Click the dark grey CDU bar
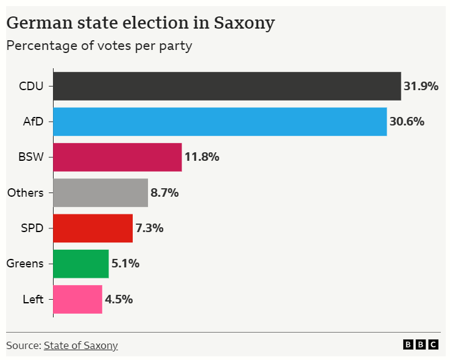coord(227,86)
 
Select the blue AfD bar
coord(220,121)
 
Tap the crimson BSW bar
coord(118,157)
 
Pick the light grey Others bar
coord(100,192)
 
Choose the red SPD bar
coord(93,228)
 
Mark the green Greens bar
coord(81,264)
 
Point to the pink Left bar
coord(77,299)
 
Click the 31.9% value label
coord(421,86)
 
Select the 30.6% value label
coord(407,121)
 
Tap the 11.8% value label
coord(202,157)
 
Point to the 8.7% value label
coord(164,192)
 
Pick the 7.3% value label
coord(149,228)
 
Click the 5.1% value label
coord(125,264)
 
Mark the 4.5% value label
coord(119,299)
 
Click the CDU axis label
coord(32,86)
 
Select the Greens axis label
coord(25,264)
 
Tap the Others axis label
coord(26,192)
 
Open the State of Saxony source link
coord(80,345)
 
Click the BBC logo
coord(420,345)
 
